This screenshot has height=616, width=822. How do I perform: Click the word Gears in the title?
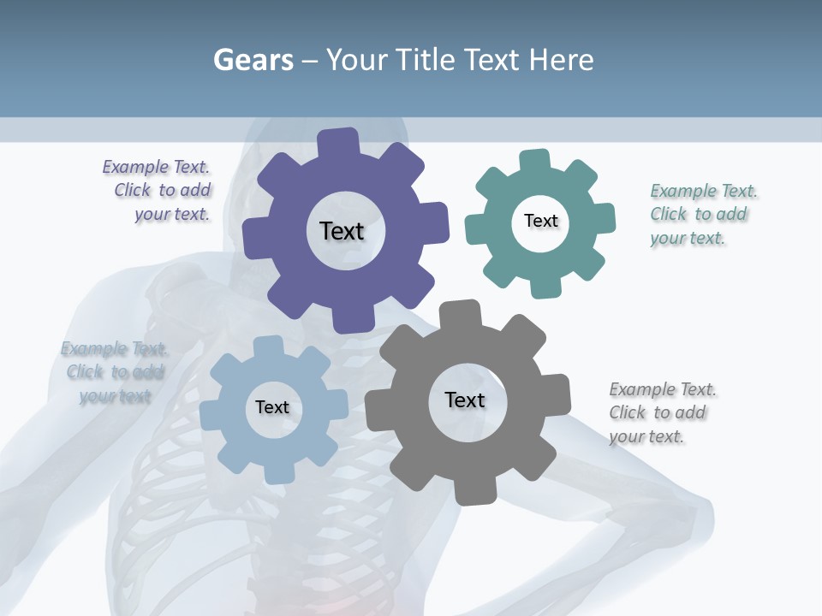(253, 60)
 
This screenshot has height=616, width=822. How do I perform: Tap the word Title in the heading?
(424, 60)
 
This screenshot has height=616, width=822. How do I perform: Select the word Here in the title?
(561, 60)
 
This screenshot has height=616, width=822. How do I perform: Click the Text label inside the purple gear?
(342, 231)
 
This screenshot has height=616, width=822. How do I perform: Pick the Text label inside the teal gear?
(540, 221)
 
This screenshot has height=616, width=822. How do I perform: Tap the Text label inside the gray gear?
(465, 400)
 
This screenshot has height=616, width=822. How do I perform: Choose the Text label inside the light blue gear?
(272, 407)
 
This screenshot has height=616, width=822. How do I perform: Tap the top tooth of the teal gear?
(535, 160)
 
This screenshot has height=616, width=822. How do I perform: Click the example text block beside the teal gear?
(699, 214)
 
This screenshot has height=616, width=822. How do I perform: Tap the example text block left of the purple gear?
(159, 190)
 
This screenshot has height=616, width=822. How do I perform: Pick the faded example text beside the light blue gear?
(115, 371)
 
